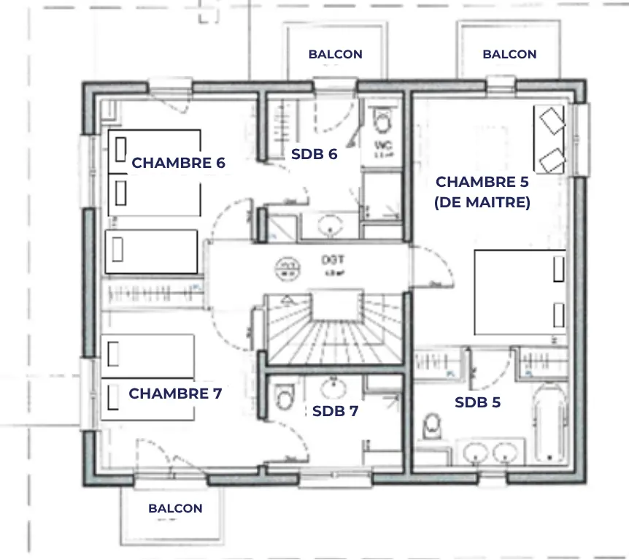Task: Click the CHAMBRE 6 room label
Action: (178, 163)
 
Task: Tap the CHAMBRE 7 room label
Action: (175, 394)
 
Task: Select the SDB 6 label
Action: (314, 154)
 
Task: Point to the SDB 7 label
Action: (335, 411)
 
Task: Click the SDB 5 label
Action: (477, 402)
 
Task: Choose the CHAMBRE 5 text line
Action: (482, 182)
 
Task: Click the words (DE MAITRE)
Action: (482, 203)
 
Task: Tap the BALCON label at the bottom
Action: (175, 508)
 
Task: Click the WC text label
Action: (384, 146)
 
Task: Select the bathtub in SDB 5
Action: (548, 423)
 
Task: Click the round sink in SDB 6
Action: (332, 225)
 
